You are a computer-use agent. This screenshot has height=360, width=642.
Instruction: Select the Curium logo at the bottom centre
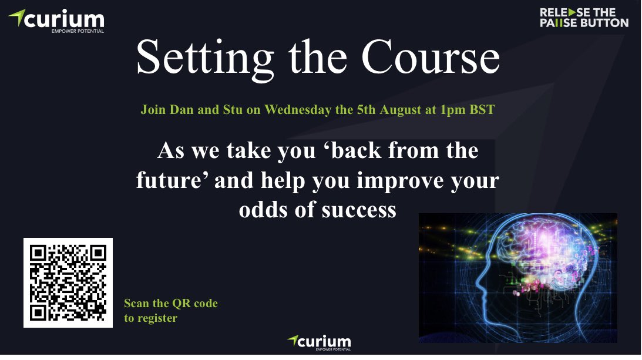319,342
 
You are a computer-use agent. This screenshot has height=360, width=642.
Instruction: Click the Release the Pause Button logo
583,18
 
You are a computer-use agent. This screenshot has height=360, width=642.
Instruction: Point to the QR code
68,283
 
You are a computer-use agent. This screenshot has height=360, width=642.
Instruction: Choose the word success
357,210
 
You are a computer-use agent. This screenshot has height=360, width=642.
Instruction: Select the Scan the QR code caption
170,304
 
